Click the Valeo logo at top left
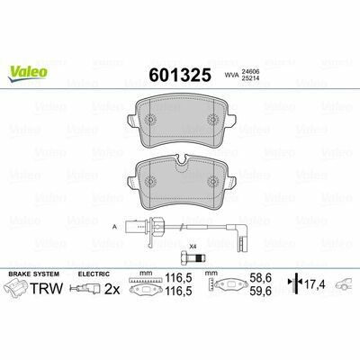(x=28, y=74)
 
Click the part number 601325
(x=180, y=75)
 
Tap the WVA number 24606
(x=251, y=72)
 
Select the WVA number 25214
(x=251, y=78)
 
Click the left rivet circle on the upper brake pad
(x=150, y=120)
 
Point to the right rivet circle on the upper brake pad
(x=213, y=120)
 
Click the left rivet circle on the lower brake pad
(x=150, y=181)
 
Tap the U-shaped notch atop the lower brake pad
(x=182, y=159)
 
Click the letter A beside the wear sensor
(x=114, y=227)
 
